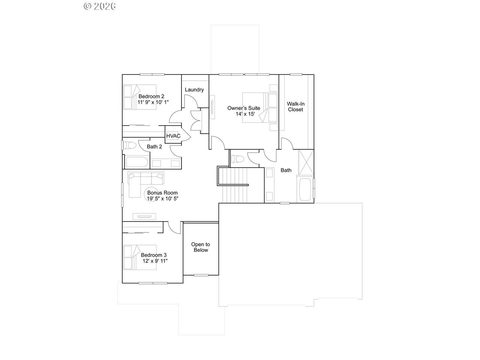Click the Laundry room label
[x=194, y=90]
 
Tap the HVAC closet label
[x=173, y=136]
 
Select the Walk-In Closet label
[x=295, y=106]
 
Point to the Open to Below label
[x=201, y=247]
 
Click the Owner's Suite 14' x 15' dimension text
[x=245, y=114]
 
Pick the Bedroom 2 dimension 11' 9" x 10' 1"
[x=153, y=102]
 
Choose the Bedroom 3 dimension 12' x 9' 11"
[x=155, y=261]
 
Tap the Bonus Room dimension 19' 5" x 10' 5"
[x=162, y=198]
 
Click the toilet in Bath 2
[x=130, y=145]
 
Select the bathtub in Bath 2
[x=137, y=162]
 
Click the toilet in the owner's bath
[x=237, y=159]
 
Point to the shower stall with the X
[x=306, y=162]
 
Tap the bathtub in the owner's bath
[x=305, y=189]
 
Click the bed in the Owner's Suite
[x=260, y=108]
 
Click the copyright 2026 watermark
[x=100, y=6]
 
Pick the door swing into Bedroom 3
[x=174, y=228]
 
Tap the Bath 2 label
[x=154, y=147]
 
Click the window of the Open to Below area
[x=201, y=275]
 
